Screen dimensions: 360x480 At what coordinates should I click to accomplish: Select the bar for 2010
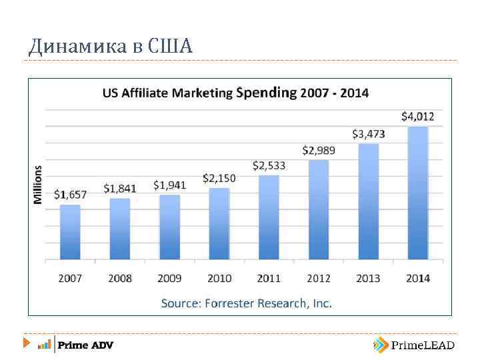(x=219, y=223)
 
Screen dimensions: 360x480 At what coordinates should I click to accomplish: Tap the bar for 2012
(x=319, y=209)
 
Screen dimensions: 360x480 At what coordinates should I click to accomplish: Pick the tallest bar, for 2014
(x=417, y=193)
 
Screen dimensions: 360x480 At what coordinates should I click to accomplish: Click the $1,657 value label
(x=70, y=195)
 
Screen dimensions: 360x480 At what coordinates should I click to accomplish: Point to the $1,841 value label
(x=120, y=189)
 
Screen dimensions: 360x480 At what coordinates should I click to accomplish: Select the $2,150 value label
(x=219, y=179)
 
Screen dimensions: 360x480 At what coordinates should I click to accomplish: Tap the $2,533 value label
(x=269, y=165)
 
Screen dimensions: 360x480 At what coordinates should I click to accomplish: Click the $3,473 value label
(x=368, y=134)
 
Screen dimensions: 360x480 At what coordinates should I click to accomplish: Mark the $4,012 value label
(x=417, y=117)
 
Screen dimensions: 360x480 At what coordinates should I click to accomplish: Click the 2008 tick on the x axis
(x=120, y=278)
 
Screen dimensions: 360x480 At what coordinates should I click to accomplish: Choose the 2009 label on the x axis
(x=169, y=278)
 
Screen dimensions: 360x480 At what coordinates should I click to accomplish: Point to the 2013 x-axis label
(x=368, y=278)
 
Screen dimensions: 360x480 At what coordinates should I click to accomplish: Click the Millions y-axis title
(x=38, y=185)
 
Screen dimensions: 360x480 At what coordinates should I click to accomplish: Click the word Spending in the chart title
(x=266, y=93)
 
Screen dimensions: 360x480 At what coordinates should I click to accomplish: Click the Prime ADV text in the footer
(x=85, y=345)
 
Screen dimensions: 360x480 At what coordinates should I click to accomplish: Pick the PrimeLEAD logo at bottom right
(x=414, y=345)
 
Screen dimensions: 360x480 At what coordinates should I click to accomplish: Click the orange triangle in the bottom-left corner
(x=26, y=344)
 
